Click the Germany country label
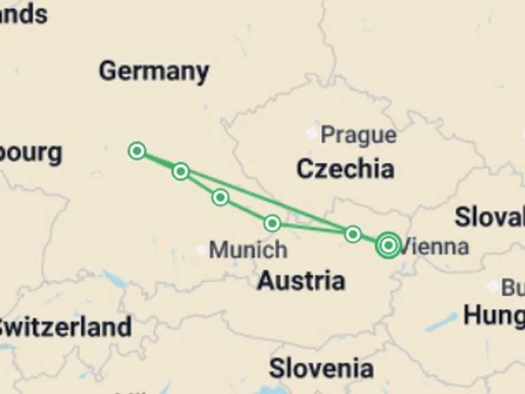(x=154, y=71)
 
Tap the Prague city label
(x=358, y=135)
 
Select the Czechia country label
(x=345, y=169)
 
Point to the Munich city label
(x=247, y=250)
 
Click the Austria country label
(x=301, y=280)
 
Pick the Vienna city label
(x=435, y=246)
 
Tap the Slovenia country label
(x=321, y=369)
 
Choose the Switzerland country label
(x=66, y=327)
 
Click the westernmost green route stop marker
(x=137, y=150)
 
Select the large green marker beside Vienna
(x=388, y=245)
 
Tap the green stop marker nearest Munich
(x=272, y=223)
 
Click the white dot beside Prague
(x=312, y=133)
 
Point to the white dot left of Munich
(x=201, y=250)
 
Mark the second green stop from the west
(x=180, y=171)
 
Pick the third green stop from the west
(x=220, y=198)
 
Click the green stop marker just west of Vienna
(x=353, y=235)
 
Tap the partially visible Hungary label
(x=494, y=316)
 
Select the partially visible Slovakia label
(x=489, y=218)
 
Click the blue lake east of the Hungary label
(x=441, y=321)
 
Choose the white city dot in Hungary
(x=492, y=286)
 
